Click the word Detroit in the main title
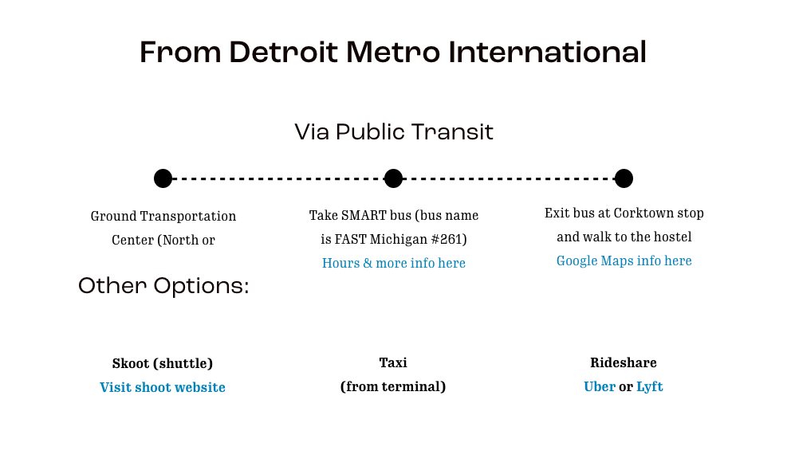click(283, 52)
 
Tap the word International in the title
click(547, 52)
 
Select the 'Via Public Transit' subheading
click(394, 132)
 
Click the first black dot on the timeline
click(163, 178)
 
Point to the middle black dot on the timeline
click(394, 178)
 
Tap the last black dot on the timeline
click(624, 178)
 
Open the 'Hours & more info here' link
click(394, 263)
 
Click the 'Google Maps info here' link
click(624, 260)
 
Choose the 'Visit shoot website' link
click(163, 387)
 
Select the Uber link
click(600, 386)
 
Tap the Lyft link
click(650, 387)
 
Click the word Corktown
click(644, 213)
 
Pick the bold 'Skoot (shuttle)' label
click(163, 363)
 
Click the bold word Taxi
click(393, 362)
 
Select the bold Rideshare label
click(624, 362)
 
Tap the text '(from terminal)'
click(393, 387)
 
